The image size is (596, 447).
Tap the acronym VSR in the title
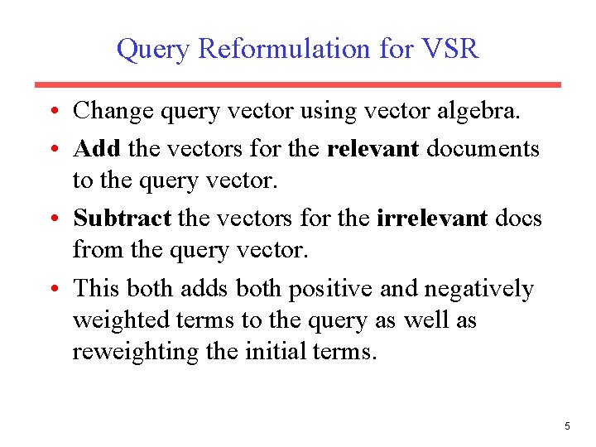pyautogui.click(x=449, y=49)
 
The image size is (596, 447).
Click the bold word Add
pyautogui.click(x=98, y=148)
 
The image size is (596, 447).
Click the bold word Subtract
pyautogui.click(x=123, y=218)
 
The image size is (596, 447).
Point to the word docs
pyautogui.click(x=518, y=218)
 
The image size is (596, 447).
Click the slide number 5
pyautogui.click(x=567, y=426)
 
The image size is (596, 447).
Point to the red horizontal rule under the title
pyautogui.click(x=297, y=84)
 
